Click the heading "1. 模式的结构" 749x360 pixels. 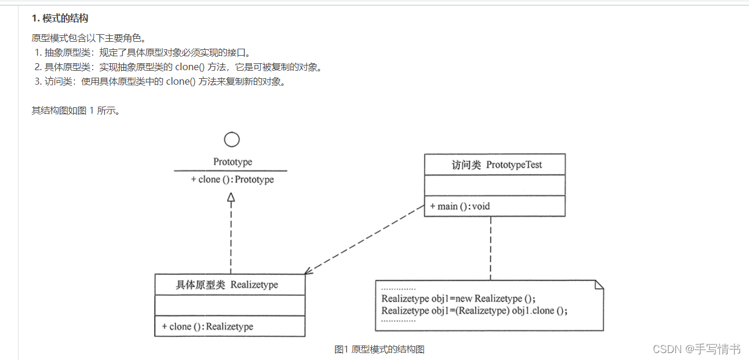tap(60, 19)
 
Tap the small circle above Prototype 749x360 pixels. tap(231, 139)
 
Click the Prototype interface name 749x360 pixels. tap(232, 162)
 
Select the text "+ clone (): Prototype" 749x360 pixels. tap(232, 180)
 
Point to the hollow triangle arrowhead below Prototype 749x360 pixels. tap(231, 198)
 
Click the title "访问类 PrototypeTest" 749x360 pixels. tap(497, 165)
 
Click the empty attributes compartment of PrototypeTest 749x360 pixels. tap(495, 186)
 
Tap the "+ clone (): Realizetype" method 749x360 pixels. tap(208, 326)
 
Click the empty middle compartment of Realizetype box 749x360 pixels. tap(230, 306)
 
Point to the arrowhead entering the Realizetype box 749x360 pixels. tap(308, 270)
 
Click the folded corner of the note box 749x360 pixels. tap(599, 284)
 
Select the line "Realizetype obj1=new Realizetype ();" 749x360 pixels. tap(459, 299)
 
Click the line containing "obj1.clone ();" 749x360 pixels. tap(474, 310)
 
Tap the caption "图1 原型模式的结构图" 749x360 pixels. tap(379, 349)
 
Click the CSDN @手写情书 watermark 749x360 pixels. tap(696, 349)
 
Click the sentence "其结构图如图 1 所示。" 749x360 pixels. tap(76, 110)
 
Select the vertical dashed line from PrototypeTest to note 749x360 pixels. tap(491, 248)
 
